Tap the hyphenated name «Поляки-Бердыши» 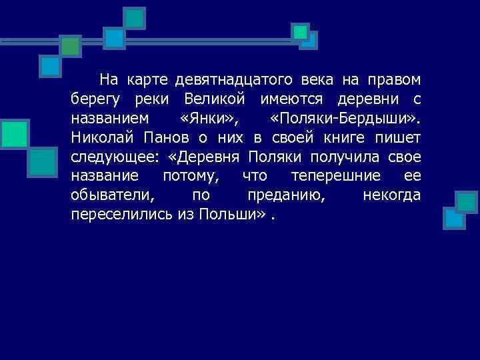pyautogui.click(x=345, y=119)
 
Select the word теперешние pyautogui.click(x=335, y=177)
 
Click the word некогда pyautogui.click(x=391, y=196)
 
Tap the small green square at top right pyautogui.click(x=301, y=31)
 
